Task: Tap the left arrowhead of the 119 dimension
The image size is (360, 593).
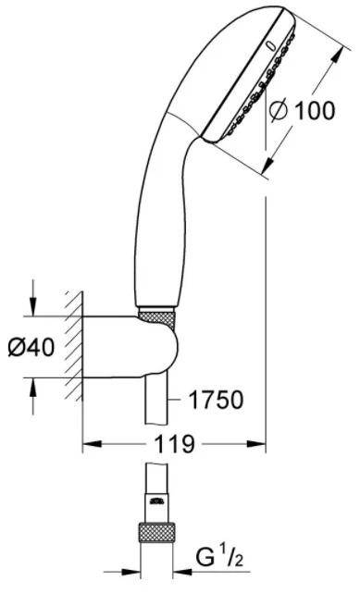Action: tap(90, 445)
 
